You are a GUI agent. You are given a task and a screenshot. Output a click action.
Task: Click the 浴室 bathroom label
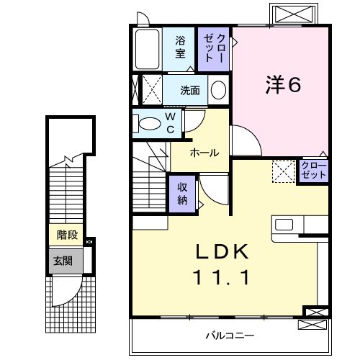(x=181, y=47)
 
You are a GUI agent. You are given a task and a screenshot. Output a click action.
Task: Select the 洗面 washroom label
(x=190, y=90)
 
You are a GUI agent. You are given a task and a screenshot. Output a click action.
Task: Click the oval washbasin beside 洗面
(x=218, y=90)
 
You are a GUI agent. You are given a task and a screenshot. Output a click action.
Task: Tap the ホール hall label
(x=204, y=153)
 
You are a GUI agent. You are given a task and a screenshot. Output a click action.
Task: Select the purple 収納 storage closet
(x=182, y=192)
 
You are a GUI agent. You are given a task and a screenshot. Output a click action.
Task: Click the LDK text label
(x=223, y=253)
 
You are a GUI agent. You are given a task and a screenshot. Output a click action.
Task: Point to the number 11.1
(x=223, y=277)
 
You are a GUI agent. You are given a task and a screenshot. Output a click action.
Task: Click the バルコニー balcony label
(x=229, y=335)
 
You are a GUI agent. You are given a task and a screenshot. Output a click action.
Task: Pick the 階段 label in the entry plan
(x=67, y=235)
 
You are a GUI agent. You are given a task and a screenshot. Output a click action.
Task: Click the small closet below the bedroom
(x=313, y=171)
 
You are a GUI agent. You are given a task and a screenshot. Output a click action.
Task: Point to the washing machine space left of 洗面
(x=150, y=90)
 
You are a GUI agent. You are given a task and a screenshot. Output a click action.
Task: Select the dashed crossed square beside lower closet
(x=283, y=171)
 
